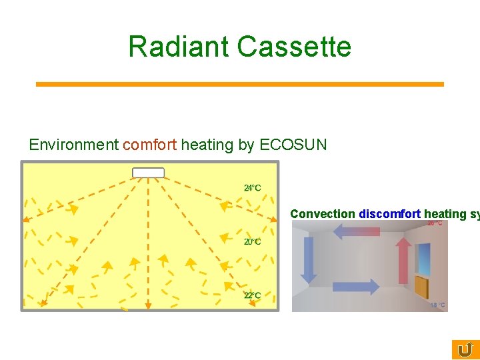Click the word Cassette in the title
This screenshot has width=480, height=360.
click(x=294, y=47)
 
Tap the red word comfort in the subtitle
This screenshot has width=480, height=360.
click(x=150, y=145)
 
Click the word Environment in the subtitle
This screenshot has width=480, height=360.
click(x=73, y=145)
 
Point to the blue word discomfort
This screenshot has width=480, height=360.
click(x=389, y=214)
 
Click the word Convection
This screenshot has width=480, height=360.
click(x=323, y=214)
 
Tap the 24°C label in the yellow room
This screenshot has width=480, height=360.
click(x=252, y=188)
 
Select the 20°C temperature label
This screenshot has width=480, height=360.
click(x=252, y=241)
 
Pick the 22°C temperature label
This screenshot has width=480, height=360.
click(x=252, y=295)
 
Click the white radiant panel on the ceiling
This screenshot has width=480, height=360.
click(x=148, y=173)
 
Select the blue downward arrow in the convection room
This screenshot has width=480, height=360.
click(x=308, y=259)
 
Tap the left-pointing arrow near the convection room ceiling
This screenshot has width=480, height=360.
click(x=356, y=231)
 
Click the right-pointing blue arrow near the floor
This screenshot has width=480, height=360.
click(x=356, y=287)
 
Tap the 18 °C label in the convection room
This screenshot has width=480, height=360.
click(x=437, y=305)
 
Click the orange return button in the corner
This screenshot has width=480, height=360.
click(x=465, y=349)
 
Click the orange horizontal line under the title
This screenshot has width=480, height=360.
click(x=239, y=84)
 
